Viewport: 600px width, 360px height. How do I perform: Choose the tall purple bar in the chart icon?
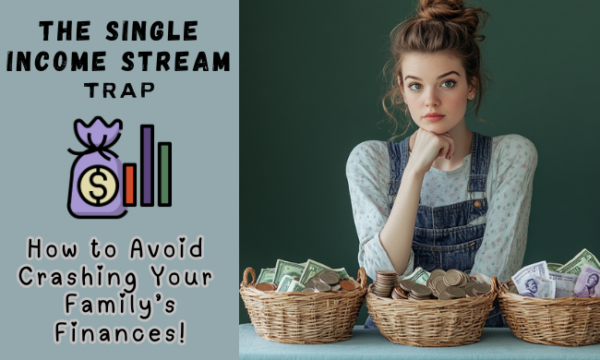pyautogui.click(x=147, y=165)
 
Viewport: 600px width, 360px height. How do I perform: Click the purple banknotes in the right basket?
pyautogui.click(x=537, y=277)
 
